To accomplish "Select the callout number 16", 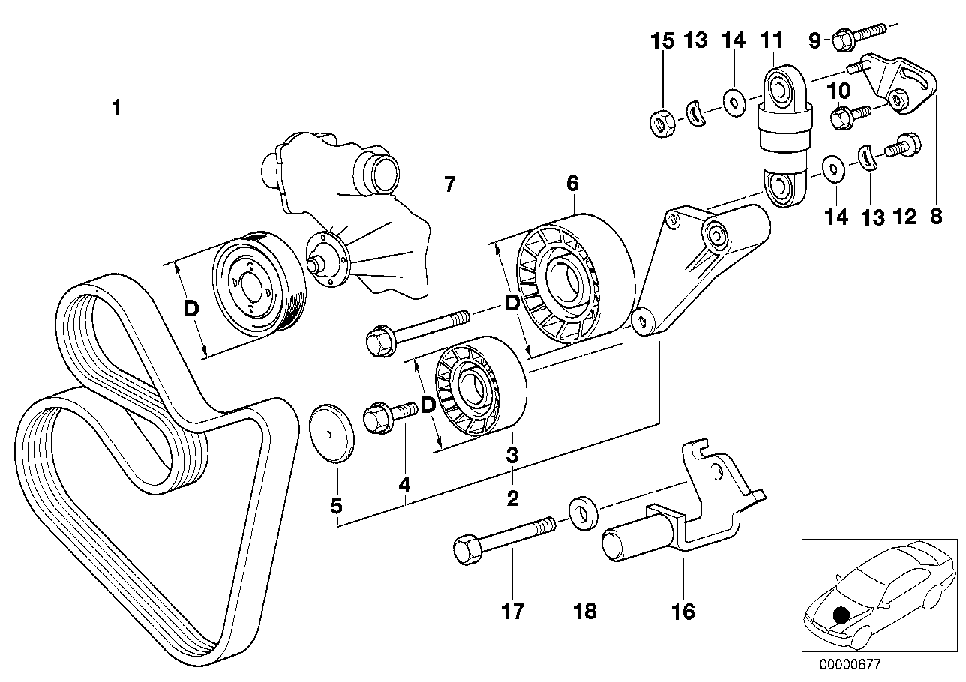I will pos(683,612).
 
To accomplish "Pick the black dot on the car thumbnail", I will pos(842,615).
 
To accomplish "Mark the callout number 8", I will pos(935,217).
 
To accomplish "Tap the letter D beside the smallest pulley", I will pos(428,405).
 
